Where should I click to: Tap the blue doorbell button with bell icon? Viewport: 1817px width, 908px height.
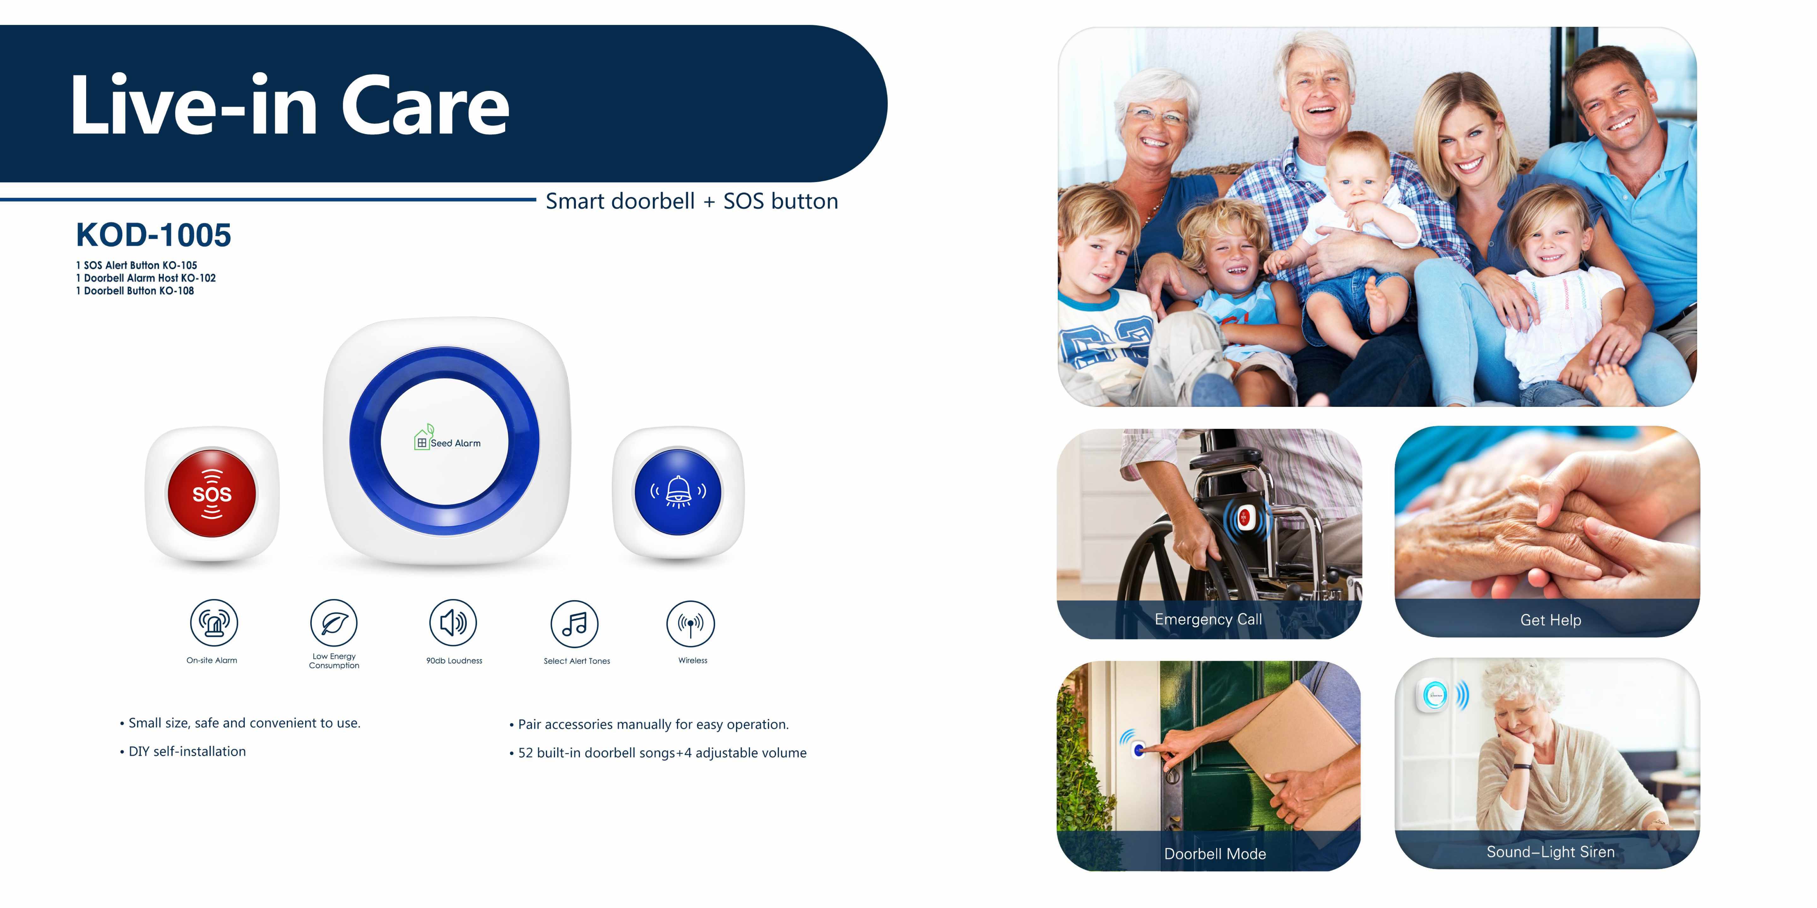coord(678,491)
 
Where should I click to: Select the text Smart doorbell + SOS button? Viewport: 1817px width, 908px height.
coord(692,202)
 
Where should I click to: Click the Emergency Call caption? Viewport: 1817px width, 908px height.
coord(1208,620)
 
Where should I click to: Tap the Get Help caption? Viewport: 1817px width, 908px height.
coord(1550,620)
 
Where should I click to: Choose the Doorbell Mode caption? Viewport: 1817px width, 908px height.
coord(1215,854)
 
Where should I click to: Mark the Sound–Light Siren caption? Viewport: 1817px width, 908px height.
coord(1550,852)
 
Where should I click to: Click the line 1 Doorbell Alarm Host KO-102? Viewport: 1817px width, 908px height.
coord(146,278)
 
